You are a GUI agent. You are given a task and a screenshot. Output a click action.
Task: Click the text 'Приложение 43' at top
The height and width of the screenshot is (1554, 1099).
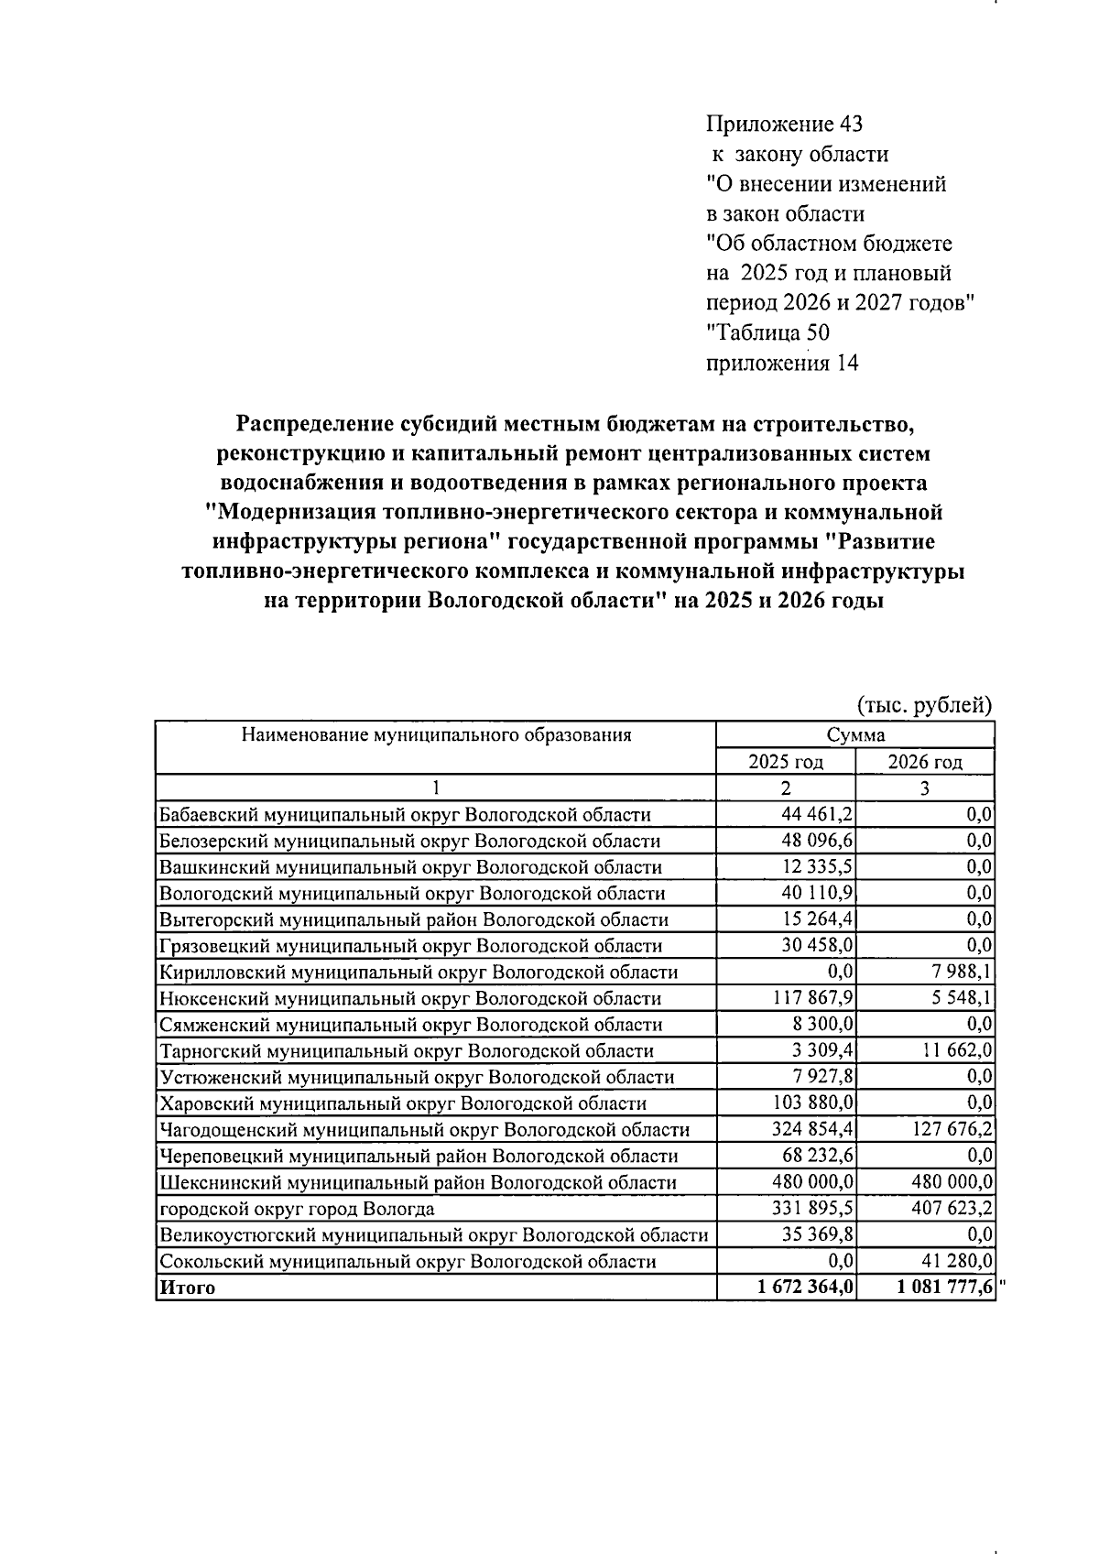point(784,124)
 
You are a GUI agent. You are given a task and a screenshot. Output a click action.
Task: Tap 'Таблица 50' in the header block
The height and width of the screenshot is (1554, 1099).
point(767,332)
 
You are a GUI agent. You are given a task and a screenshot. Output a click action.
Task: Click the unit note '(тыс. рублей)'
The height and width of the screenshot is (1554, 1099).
point(924,705)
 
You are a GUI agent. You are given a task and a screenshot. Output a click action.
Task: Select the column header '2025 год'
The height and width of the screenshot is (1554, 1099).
point(785,762)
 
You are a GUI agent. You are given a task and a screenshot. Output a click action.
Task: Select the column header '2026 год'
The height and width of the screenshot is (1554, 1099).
point(925,762)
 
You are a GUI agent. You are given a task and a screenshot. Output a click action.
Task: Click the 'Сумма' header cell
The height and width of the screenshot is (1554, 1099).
point(854,735)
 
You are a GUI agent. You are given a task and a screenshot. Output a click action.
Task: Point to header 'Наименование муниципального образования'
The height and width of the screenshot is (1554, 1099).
point(436,734)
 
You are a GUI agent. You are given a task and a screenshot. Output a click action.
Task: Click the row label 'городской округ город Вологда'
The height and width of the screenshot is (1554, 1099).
point(297,1209)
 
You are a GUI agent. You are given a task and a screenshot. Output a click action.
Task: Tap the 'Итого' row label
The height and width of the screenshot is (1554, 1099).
point(188,1288)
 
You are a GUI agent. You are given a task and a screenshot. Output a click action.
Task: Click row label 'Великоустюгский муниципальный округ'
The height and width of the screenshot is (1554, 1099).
point(433,1235)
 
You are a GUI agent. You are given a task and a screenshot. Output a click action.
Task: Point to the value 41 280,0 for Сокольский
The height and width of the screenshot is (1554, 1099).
point(958,1261)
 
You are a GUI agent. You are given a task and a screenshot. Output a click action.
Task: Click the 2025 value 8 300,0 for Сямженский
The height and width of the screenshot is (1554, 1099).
point(822,1025)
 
